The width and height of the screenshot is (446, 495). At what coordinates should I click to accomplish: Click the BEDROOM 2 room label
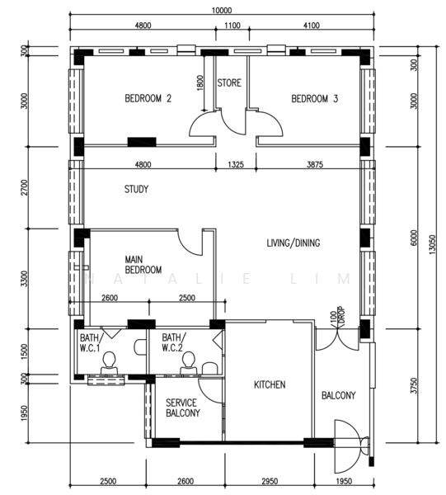(x=148, y=98)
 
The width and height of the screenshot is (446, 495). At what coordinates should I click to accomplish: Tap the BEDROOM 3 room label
(x=314, y=99)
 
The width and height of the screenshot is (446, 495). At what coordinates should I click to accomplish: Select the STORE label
(x=229, y=82)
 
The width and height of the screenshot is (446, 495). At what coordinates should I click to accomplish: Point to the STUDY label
(x=136, y=189)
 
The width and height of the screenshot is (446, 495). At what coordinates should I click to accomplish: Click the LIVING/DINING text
(x=293, y=243)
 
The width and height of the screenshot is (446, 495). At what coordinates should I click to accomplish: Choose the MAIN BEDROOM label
(x=143, y=265)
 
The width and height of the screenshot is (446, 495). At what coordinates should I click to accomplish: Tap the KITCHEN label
(x=270, y=384)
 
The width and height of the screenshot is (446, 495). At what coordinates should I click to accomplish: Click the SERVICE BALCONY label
(x=183, y=408)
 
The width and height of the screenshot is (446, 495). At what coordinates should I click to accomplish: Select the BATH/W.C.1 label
(x=90, y=343)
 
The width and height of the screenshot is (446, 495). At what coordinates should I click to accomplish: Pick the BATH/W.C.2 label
(x=173, y=342)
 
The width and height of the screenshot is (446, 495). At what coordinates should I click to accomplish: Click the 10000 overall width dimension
(x=222, y=11)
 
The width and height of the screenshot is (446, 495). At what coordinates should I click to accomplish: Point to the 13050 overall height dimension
(x=432, y=244)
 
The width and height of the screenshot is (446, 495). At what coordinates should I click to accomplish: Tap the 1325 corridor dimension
(x=236, y=164)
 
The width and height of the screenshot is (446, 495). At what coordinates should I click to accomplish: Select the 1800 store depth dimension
(x=200, y=82)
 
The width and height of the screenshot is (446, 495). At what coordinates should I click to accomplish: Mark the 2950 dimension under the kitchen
(x=270, y=481)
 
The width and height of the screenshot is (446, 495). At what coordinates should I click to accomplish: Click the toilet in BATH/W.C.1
(x=109, y=363)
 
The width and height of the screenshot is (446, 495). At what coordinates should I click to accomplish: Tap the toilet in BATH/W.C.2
(x=188, y=363)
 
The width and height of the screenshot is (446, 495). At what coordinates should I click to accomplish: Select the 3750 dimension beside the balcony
(x=414, y=385)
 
